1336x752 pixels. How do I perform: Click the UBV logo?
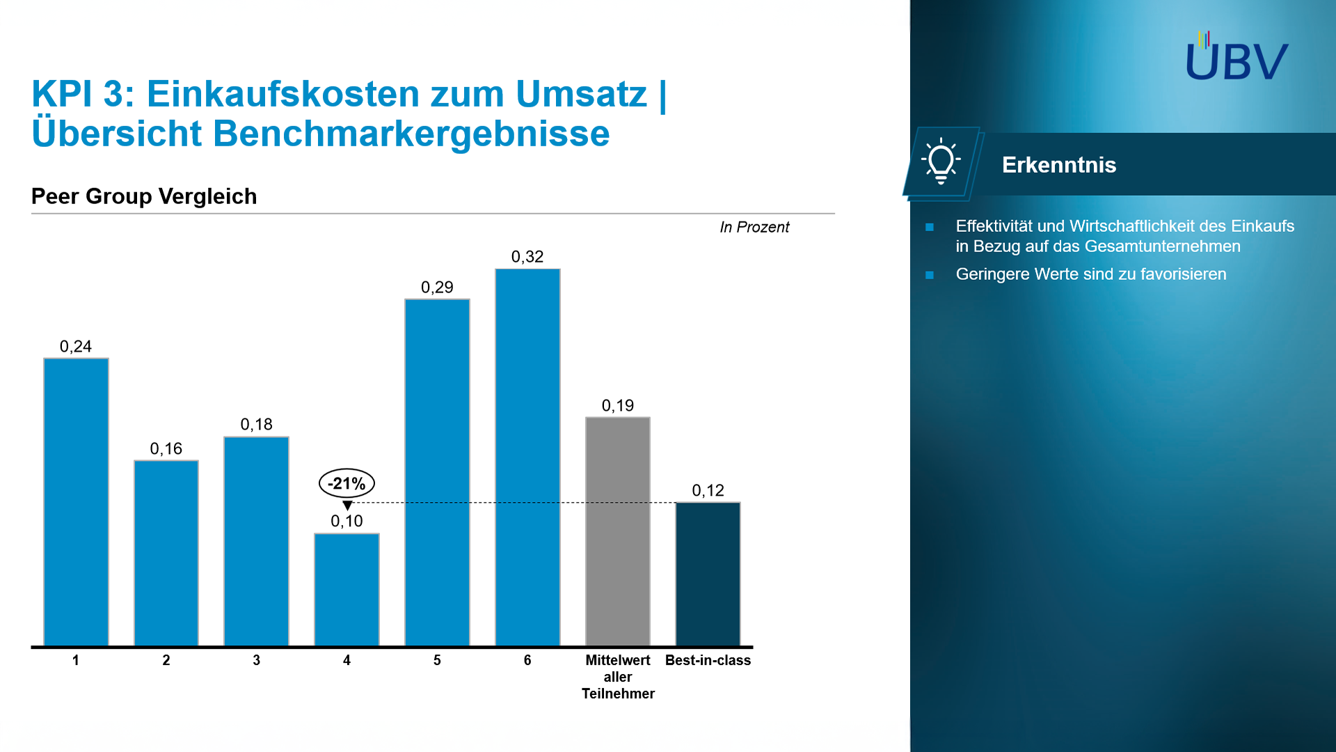(x=1236, y=57)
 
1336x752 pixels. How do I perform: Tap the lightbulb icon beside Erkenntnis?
(x=941, y=162)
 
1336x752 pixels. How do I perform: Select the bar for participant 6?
(x=527, y=457)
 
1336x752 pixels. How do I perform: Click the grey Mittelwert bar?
(x=618, y=531)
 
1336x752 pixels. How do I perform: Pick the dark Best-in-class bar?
(x=708, y=574)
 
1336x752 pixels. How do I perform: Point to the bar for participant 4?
(x=347, y=589)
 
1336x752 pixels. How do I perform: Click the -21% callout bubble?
(x=347, y=483)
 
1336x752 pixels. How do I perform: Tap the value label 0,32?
(x=527, y=257)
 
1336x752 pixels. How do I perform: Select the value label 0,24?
(x=76, y=347)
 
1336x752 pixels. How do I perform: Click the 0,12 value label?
(x=708, y=491)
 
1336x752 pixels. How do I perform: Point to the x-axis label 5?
(x=437, y=660)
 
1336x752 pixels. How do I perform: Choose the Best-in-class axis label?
(x=708, y=660)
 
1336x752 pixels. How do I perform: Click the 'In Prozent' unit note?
(x=754, y=227)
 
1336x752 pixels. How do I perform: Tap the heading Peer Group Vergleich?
(x=144, y=196)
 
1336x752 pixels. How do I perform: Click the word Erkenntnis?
(x=1058, y=165)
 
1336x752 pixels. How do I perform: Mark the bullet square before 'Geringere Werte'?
(x=930, y=275)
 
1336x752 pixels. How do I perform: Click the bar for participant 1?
(x=76, y=501)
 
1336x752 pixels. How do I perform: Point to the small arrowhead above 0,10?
(x=347, y=506)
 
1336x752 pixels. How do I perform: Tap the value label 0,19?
(x=618, y=406)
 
